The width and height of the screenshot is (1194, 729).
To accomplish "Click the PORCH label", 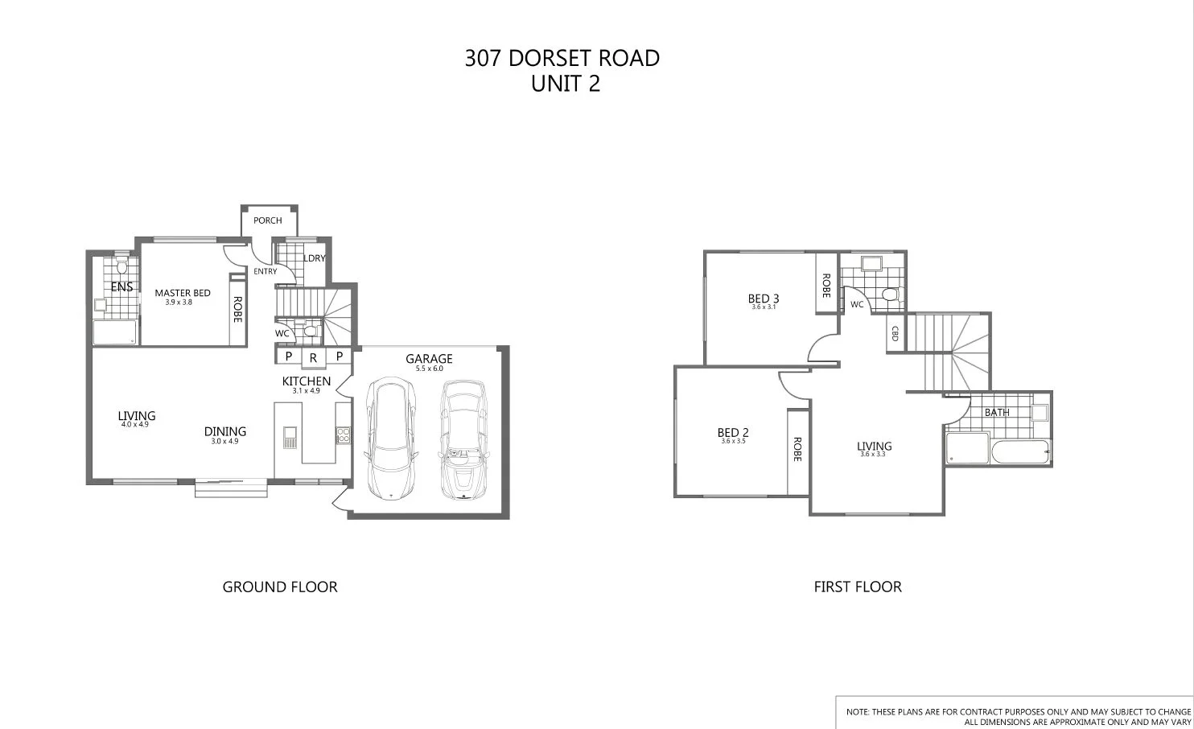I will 268,220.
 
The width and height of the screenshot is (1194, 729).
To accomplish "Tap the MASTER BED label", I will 183,293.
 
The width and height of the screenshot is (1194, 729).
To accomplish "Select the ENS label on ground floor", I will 121,286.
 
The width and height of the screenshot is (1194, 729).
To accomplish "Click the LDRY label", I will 314,258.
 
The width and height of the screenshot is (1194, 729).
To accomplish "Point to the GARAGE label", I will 429,359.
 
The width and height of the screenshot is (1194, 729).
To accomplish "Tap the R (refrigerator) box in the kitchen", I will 313,357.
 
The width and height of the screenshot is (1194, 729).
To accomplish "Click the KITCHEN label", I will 306,381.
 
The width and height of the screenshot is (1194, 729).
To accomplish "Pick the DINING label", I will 224,431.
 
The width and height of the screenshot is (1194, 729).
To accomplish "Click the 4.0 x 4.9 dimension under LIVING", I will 135,424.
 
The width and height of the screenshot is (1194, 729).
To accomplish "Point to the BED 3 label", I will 764,299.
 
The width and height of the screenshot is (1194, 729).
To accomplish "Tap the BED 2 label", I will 733,433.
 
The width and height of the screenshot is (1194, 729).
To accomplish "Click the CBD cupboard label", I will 894,333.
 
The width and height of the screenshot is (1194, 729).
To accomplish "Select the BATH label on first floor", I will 997,413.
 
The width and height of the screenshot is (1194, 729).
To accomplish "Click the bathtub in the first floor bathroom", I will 1020,451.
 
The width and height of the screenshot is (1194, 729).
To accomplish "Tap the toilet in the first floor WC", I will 889,294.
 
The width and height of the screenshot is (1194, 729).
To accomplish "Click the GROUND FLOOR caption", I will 280,587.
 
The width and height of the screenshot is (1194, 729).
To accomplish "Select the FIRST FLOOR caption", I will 858,587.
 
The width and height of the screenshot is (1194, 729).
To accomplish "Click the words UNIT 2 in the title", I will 566,84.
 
